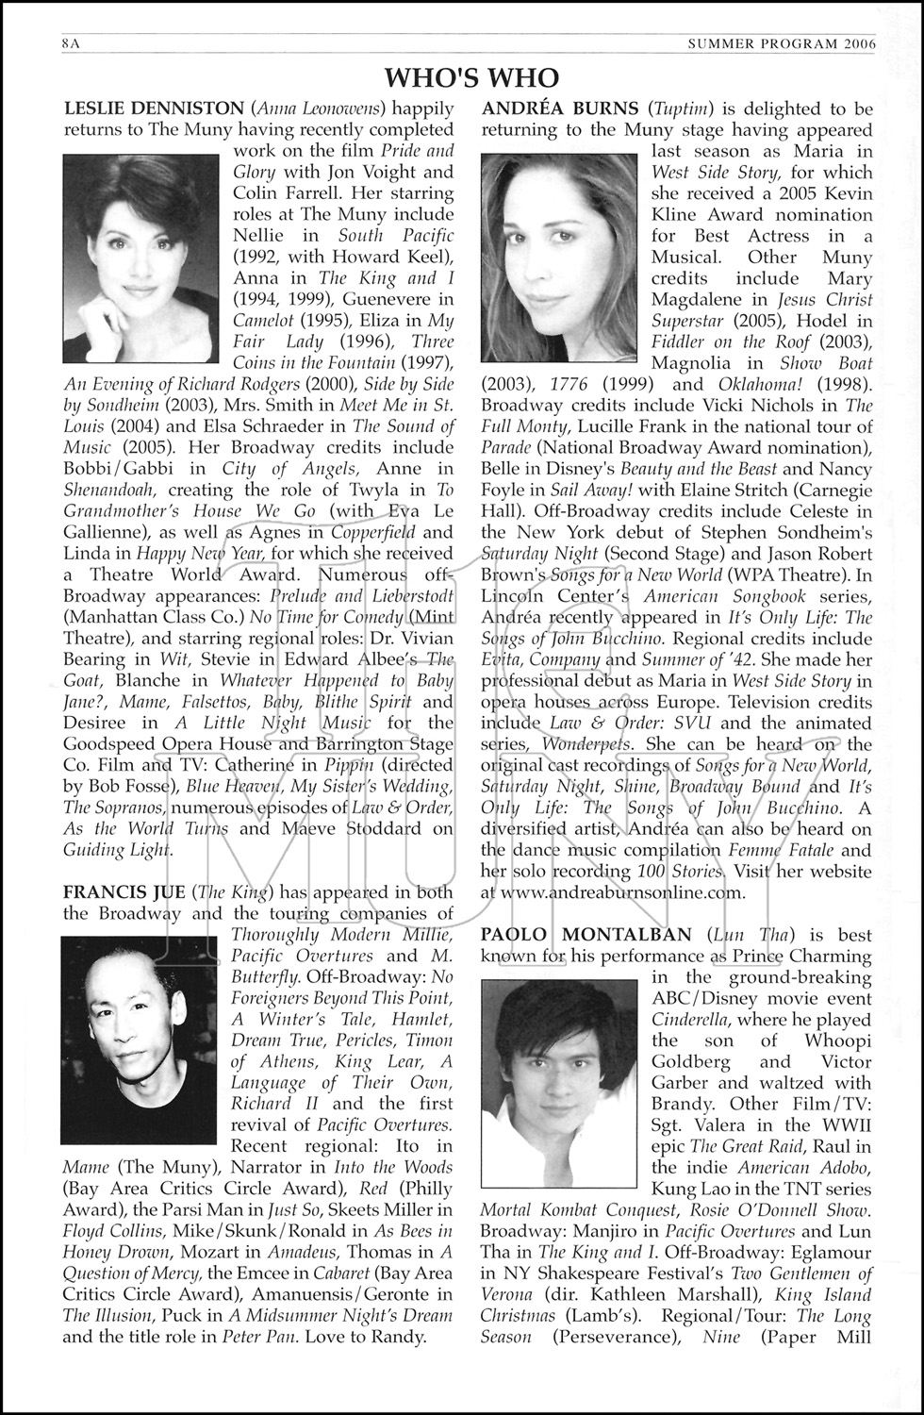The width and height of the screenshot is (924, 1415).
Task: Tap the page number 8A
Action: click(x=71, y=43)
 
